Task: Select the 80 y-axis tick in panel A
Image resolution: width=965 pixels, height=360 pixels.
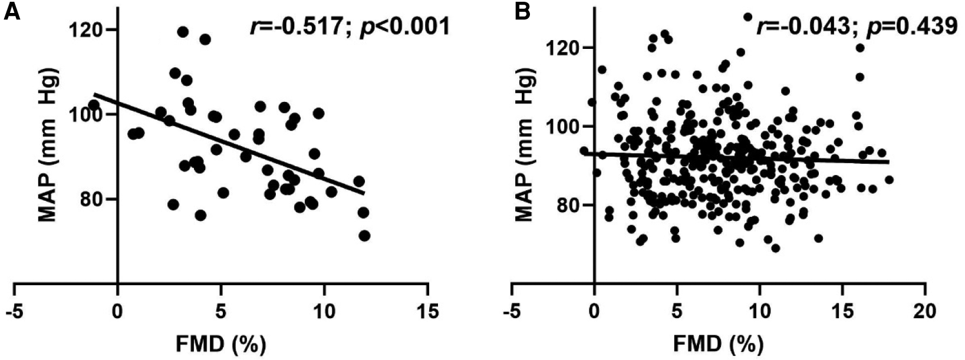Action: pyautogui.click(x=88, y=199)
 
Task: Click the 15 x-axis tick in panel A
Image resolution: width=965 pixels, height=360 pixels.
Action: pyautogui.click(x=427, y=310)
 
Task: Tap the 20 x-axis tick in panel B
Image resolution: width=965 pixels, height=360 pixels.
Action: pyautogui.click(x=925, y=310)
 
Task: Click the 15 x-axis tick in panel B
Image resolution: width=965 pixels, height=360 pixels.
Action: pyautogui.click(x=842, y=310)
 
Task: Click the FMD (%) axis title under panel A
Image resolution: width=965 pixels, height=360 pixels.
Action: pyautogui.click(x=221, y=342)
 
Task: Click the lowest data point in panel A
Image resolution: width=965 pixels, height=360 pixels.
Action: pyautogui.click(x=364, y=236)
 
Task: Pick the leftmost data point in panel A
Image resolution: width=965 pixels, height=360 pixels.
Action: pyautogui.click(x=93, y=105)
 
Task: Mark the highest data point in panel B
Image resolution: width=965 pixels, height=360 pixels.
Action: pyautogui.click(x=747, y=17)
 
